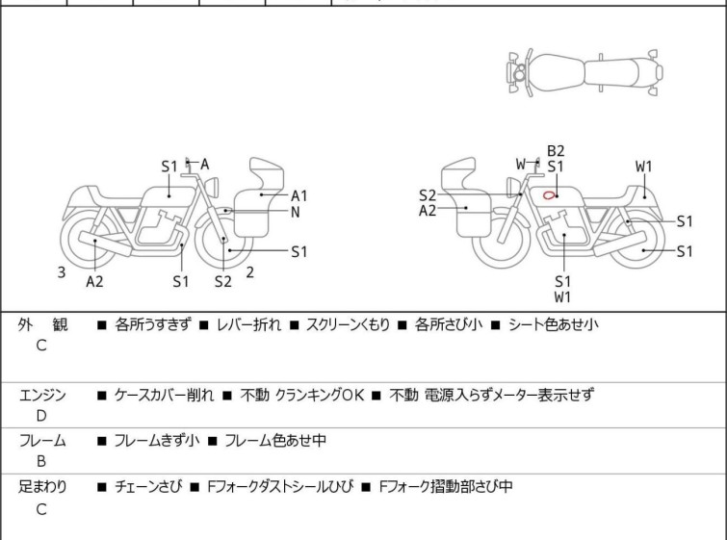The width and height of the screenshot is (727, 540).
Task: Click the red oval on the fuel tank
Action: pos(549,195)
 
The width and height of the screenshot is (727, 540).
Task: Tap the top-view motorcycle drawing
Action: pos(584,72)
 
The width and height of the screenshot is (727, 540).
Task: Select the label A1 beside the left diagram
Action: pos(299,195)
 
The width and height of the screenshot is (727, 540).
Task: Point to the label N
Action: pos(296,212)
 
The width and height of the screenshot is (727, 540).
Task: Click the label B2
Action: pos(556,150)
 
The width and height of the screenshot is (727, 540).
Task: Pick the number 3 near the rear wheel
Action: pos(62,272)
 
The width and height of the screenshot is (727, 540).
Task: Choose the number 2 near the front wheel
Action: pos(249,272)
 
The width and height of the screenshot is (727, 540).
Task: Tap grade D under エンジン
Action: pos(41,416)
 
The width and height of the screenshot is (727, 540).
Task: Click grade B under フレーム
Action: pos(41,462)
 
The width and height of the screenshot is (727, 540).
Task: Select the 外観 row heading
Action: pos(43,325)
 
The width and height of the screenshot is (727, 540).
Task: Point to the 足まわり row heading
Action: pos(43,487)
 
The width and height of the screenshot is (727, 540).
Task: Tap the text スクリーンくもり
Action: pos(348,325)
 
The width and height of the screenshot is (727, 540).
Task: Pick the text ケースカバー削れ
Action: pos(163,395)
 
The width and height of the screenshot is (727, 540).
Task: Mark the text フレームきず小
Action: pos(157,441)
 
